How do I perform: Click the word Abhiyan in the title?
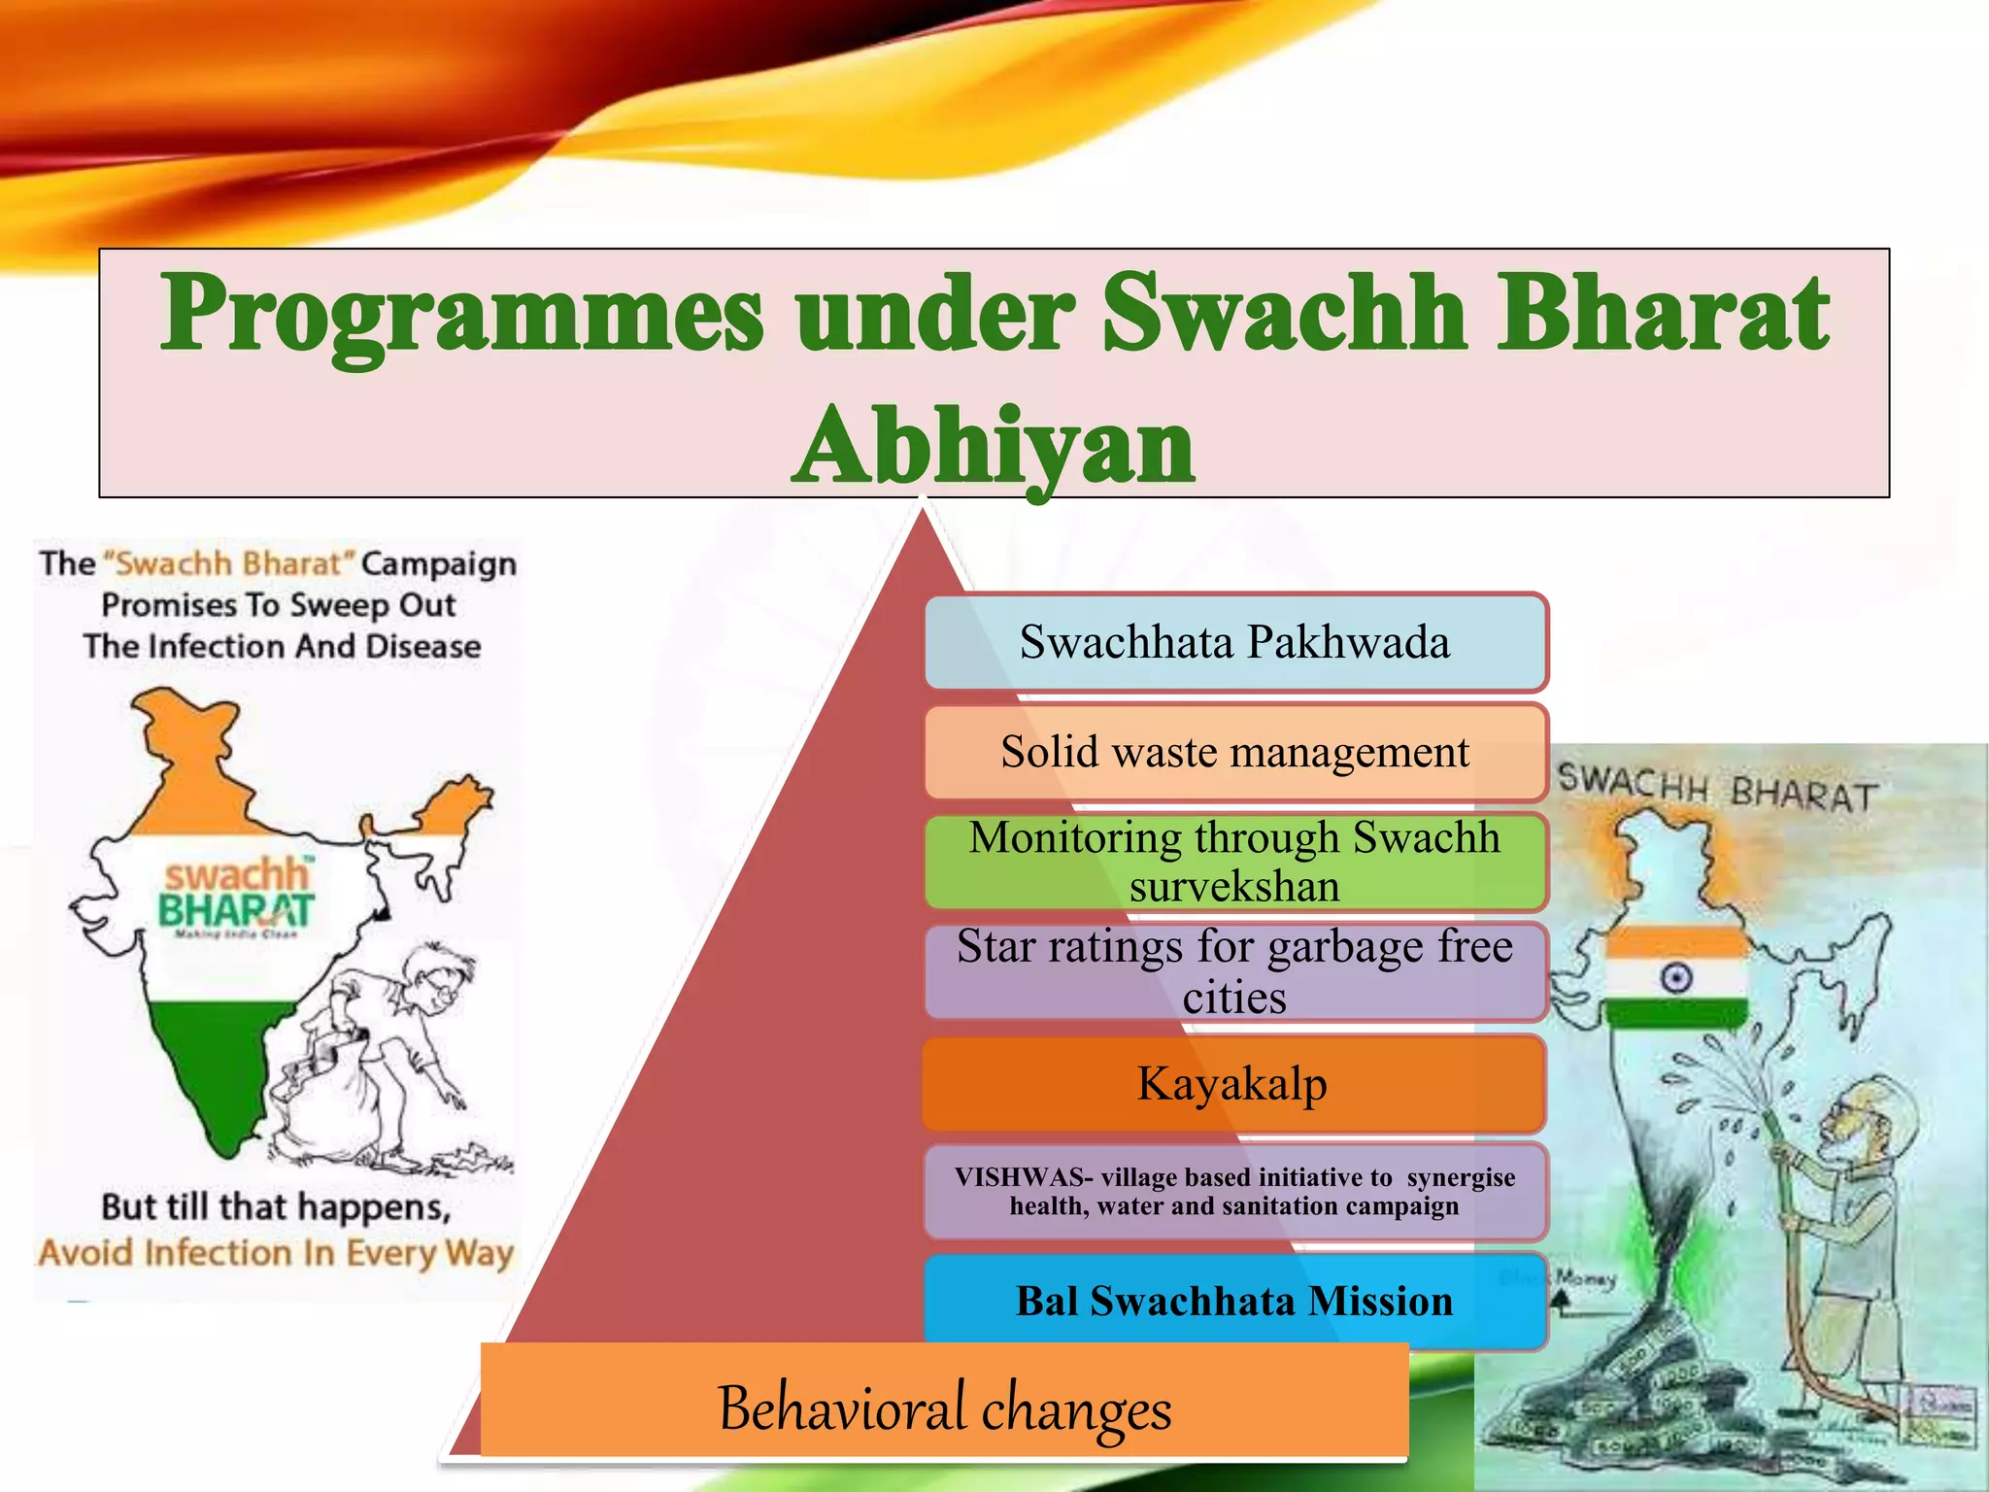pos(994,447)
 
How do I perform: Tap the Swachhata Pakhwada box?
pos(1234,643)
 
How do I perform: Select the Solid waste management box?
pos(1234,753)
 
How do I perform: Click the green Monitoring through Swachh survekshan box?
pos(1234,862)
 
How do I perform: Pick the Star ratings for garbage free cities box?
pos(1234,971)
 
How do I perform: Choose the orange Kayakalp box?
pos(1232,1084)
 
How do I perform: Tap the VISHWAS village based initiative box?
pos(1234,1192)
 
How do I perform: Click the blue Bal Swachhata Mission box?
pos(1234,1302)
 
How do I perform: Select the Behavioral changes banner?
pos(944,1407)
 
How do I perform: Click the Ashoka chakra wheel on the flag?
pos(1676,977)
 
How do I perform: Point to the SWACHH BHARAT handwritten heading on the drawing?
pos(1716,788)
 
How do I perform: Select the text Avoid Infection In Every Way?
pos(276,1253)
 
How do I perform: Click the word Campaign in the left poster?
pos(439,563)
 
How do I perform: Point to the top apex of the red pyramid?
pos(923,510)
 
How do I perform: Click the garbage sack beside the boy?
pos(320,1107)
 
